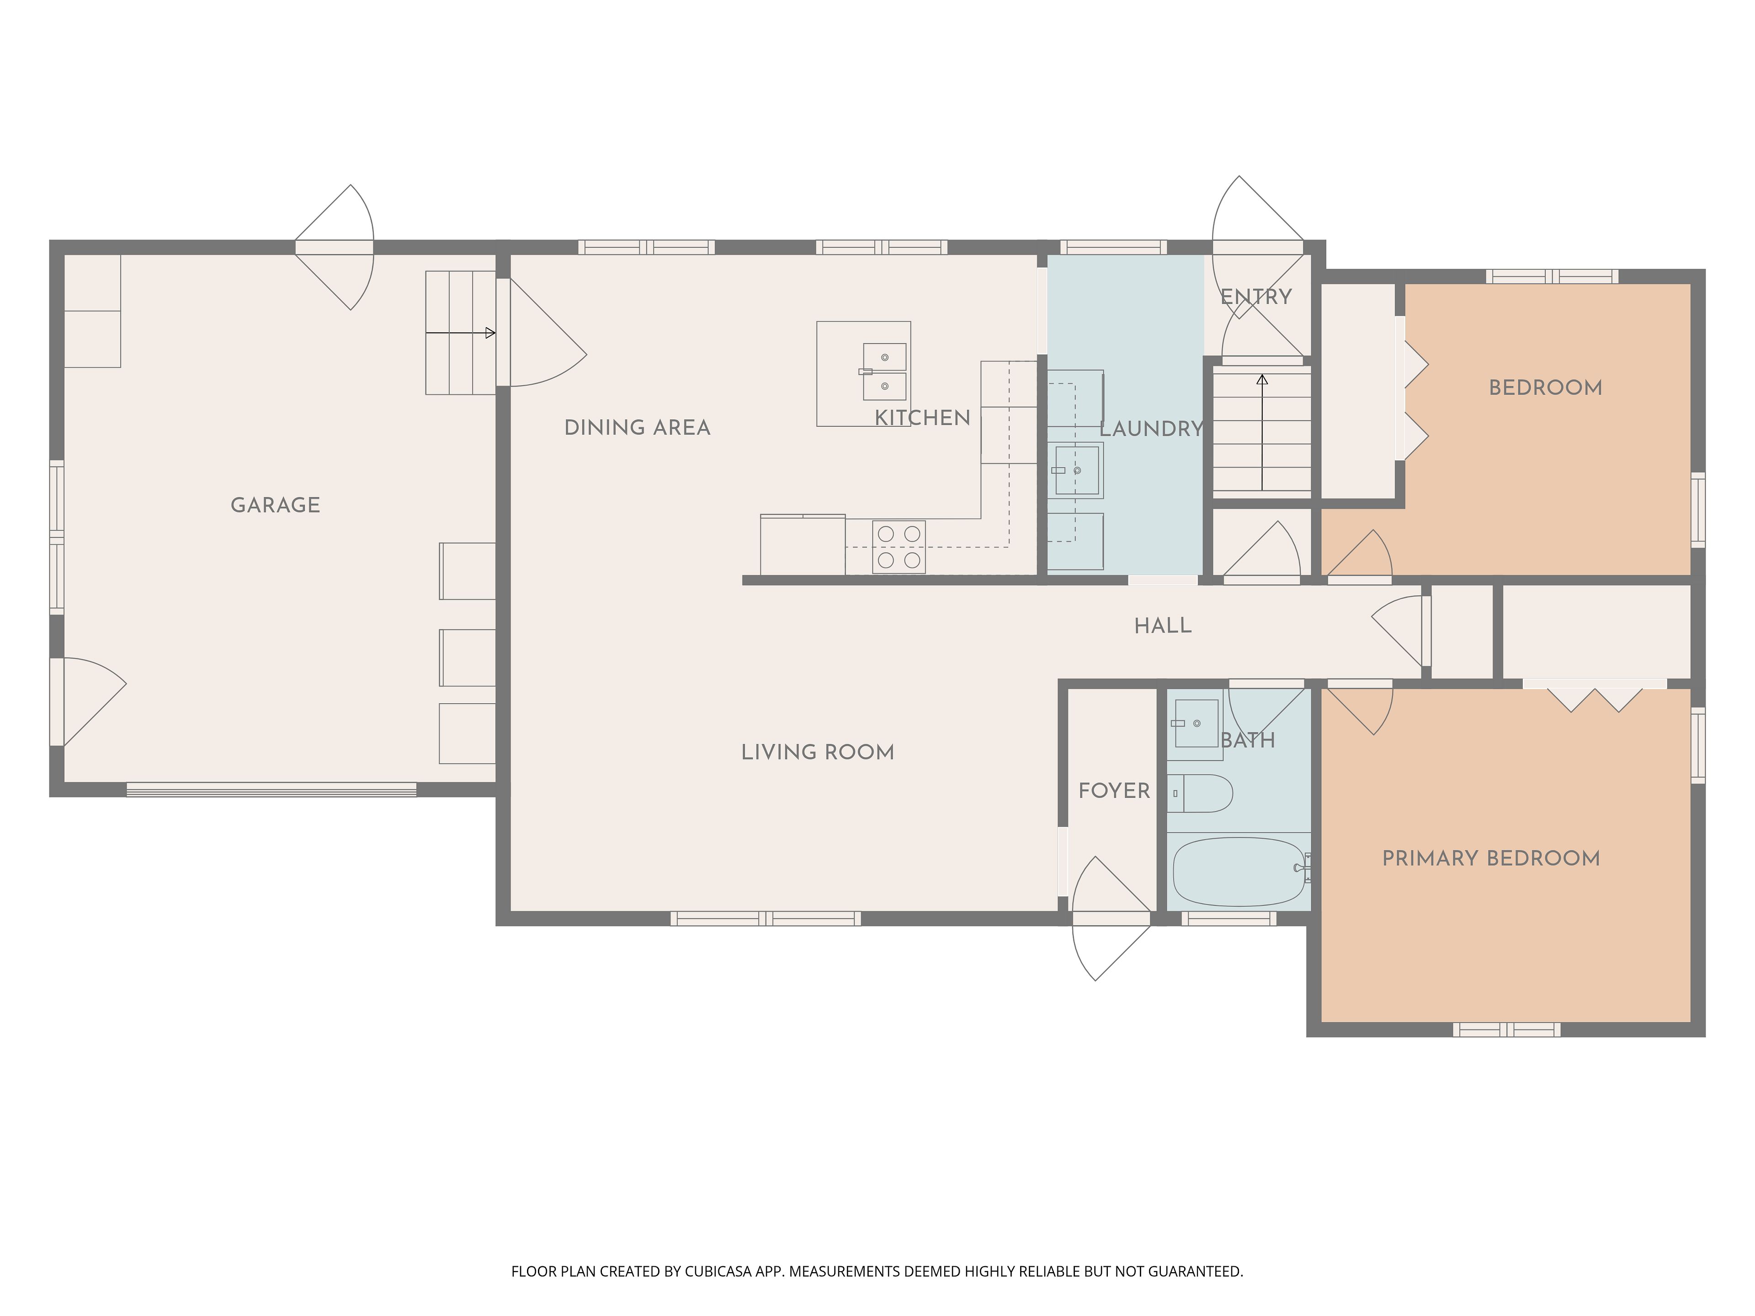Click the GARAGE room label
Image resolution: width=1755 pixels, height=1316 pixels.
coord(275,505)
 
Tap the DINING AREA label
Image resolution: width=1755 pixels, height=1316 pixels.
coord(637,428)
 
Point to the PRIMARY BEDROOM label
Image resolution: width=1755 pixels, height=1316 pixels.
coord(1491,858)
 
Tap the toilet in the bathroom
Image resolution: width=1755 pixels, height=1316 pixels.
coord(1200,793)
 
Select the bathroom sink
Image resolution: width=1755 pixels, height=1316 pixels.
coord(1196,723)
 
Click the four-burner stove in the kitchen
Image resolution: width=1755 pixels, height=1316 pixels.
coord(899,547)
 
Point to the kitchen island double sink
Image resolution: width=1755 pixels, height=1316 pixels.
coord(884,372)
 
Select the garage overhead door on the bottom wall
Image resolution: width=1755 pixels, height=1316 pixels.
coord(271,789)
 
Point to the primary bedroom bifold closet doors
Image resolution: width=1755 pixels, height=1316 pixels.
coord(1594,695)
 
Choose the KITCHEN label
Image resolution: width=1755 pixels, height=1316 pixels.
coord(922,418)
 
